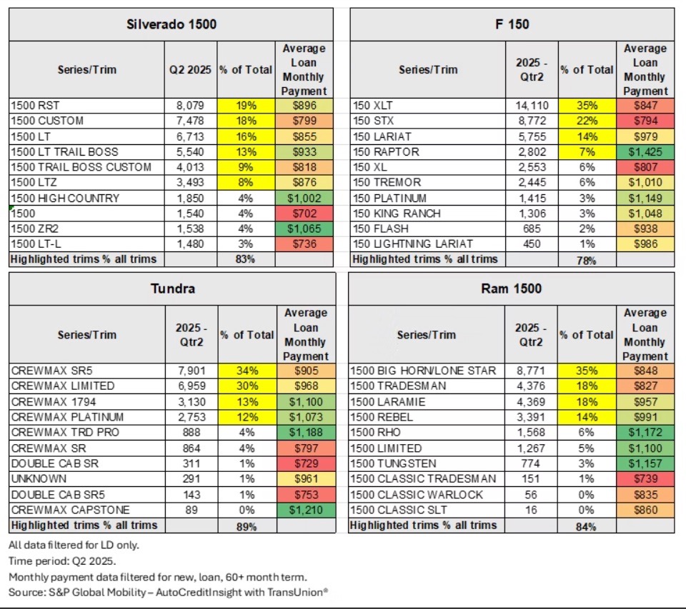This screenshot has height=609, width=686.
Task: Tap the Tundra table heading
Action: [x=171, y=288]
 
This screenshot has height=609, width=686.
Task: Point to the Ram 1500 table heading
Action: [x=512, y=288]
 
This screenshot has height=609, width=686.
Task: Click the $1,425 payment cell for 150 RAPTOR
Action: [x=645, y=151]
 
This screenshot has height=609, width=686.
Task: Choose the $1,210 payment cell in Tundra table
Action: [x=304, y=510]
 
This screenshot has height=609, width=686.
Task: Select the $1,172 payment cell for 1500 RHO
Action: [x=645, y=433]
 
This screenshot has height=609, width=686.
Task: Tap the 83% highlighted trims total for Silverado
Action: [x=245, y=259]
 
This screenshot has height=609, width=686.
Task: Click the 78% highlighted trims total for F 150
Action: [x=586, y=260]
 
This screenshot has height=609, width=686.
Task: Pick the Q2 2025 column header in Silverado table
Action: [x=191, y=70]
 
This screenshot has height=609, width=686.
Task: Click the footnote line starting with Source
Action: [x=168, y=593]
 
